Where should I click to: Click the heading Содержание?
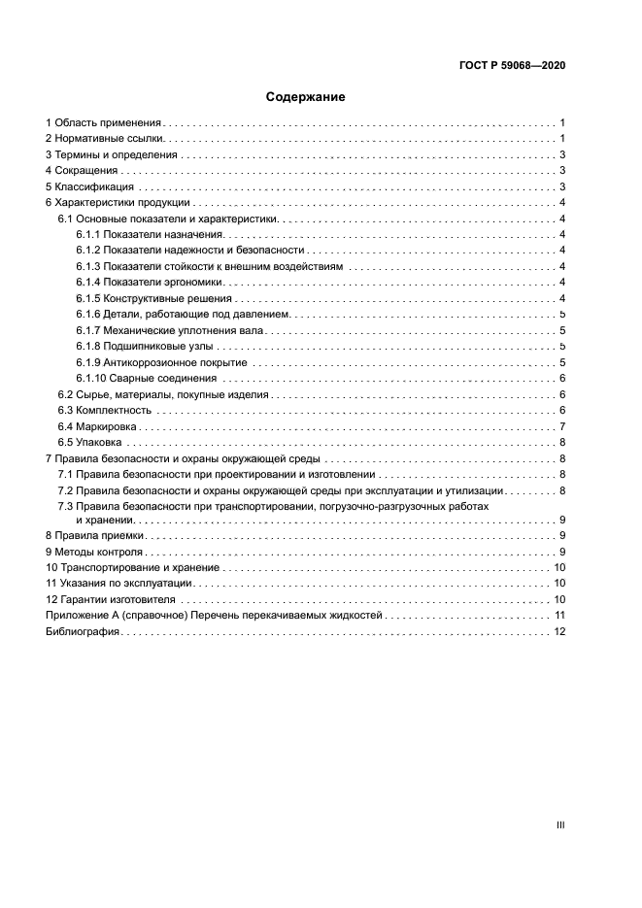pos(305,97)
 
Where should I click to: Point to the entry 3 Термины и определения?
pos(112,155)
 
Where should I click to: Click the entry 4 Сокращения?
pos(83,171)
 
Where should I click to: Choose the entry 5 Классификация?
pos(90,186)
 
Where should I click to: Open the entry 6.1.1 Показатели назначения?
pos(151,234)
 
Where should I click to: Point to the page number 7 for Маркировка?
pos(562,426)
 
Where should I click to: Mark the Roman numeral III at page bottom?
pos(559,824)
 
